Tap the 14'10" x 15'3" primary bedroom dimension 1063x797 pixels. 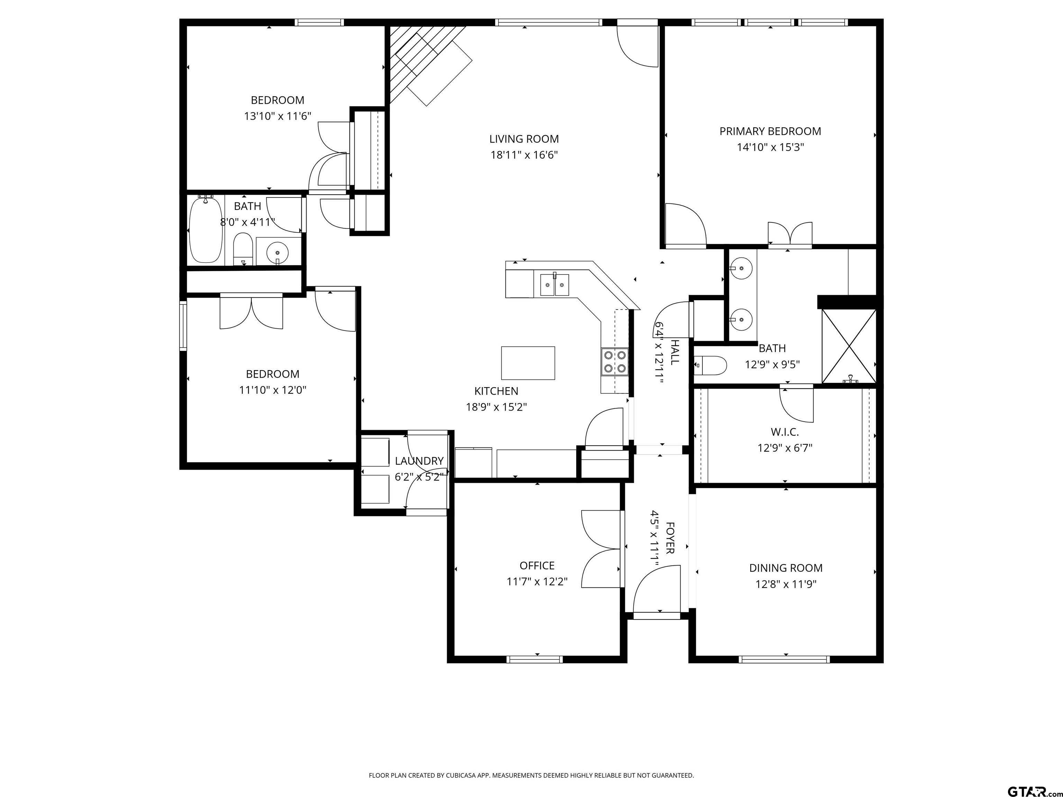coord(770,147)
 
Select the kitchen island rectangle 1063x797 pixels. coord(528,363)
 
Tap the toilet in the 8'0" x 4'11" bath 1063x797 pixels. coord(243,249)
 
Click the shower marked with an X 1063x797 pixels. coord(849,346)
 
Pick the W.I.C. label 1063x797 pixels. coord(785,432)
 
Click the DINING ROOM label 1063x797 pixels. coord(786,568)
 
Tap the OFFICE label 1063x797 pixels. coord(537,566)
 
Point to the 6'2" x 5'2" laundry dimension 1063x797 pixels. coord(419,477)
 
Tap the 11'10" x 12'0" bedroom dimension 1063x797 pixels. coord(272,390)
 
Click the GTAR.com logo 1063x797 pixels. coord(1031,778)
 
